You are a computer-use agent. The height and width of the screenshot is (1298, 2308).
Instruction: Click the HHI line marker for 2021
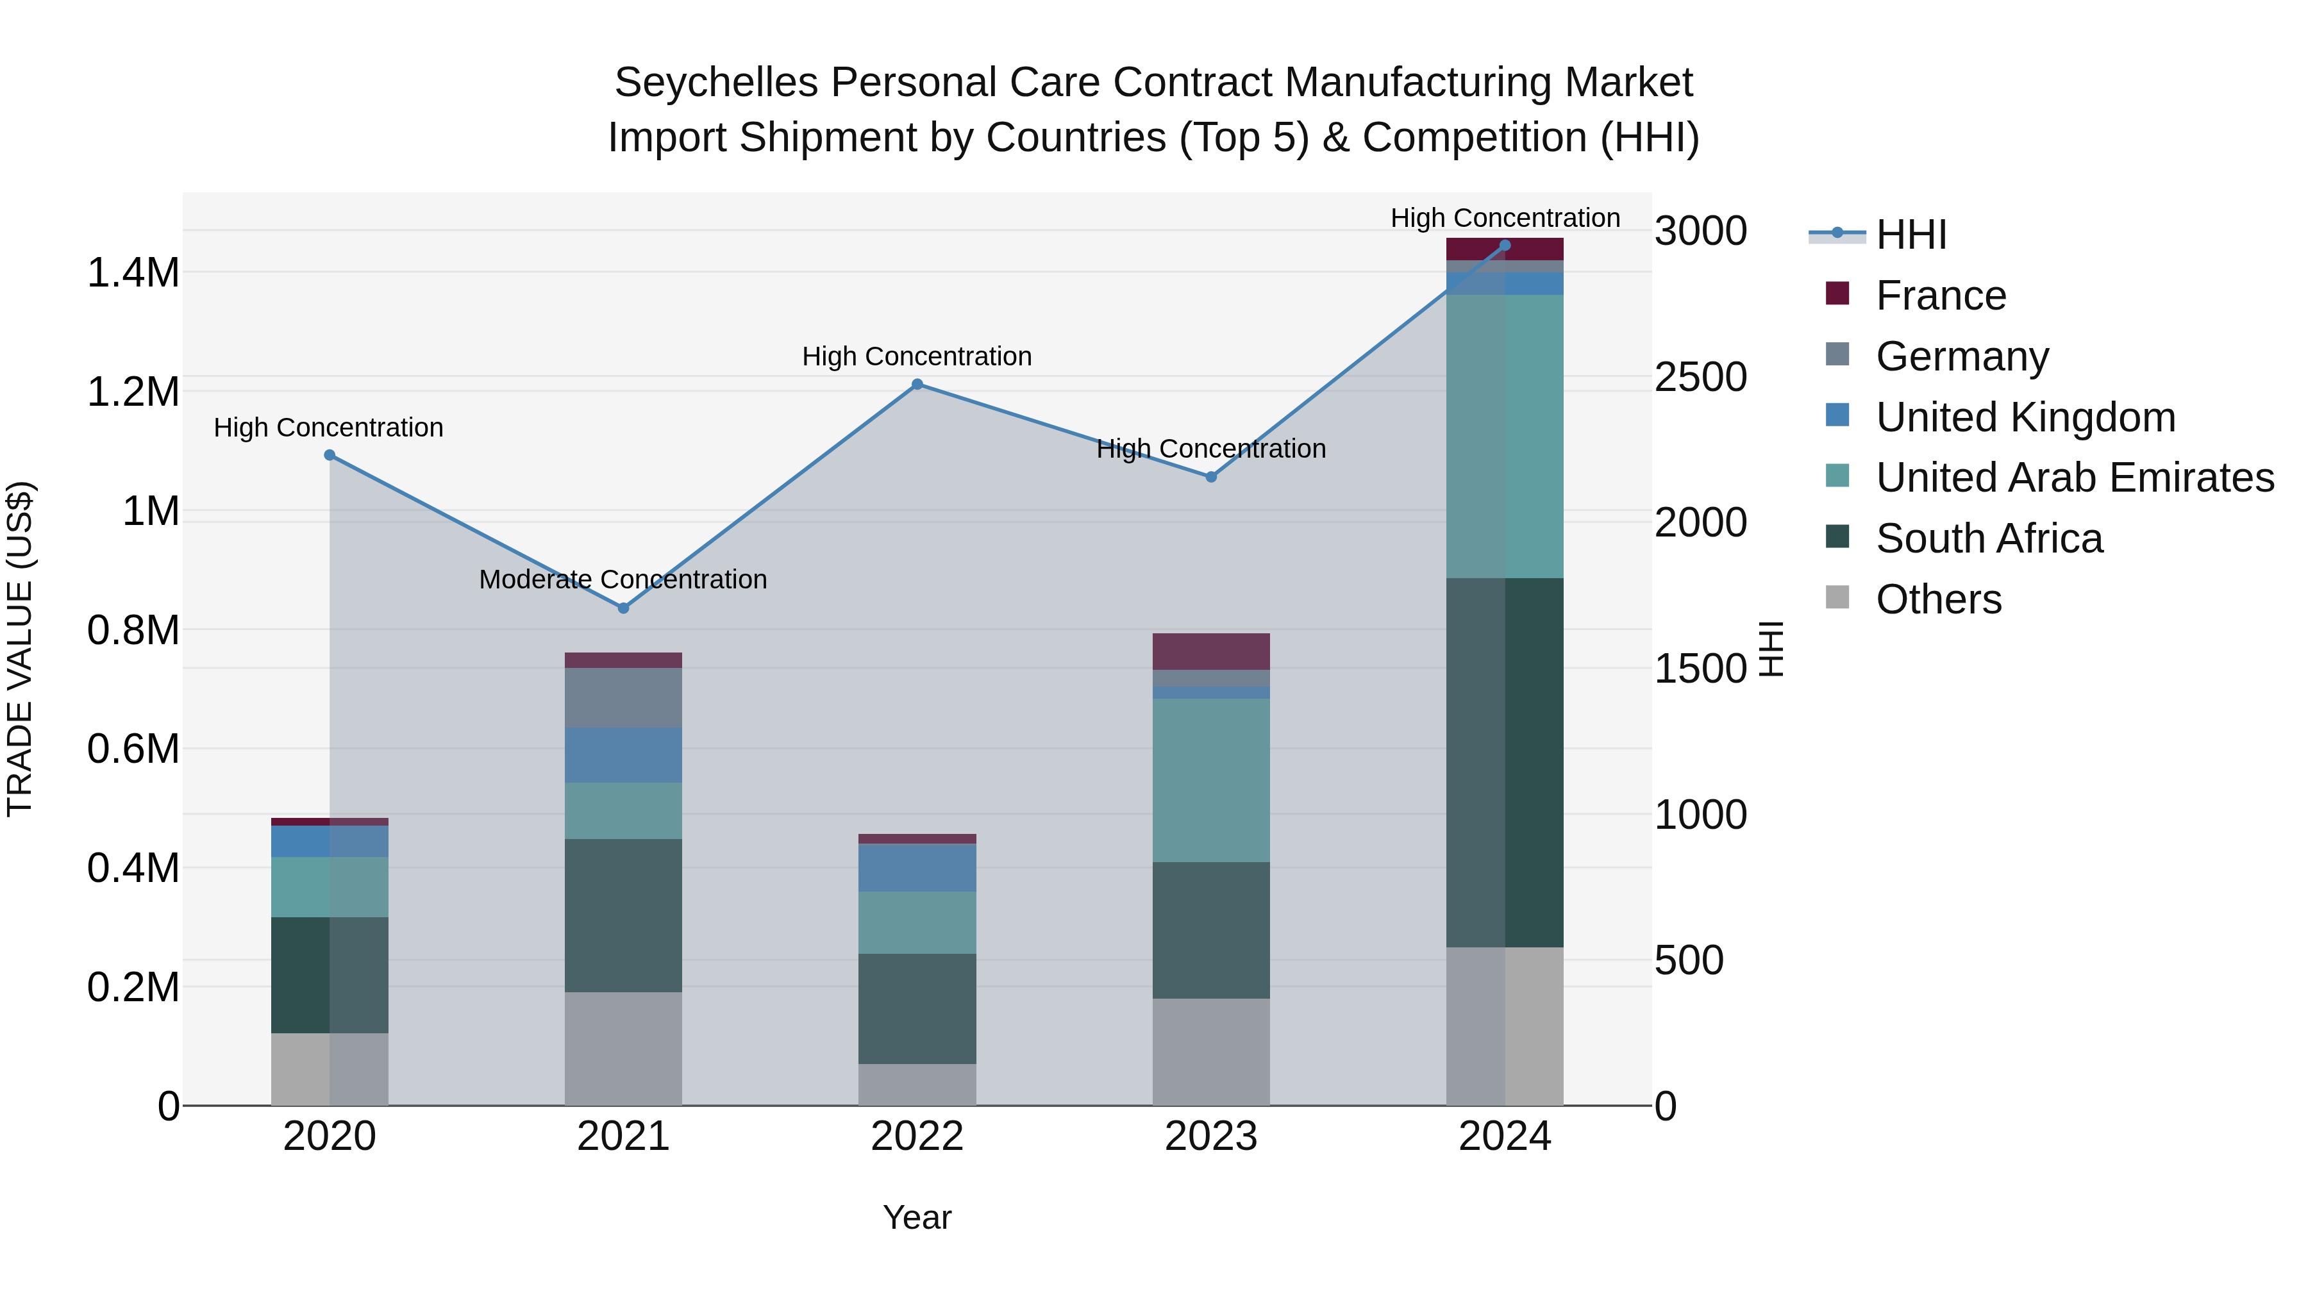click(624, 608)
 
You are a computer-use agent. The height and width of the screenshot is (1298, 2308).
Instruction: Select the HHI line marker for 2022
click(917, 385)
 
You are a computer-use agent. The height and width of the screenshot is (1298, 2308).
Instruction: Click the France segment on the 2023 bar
click(1210, 651)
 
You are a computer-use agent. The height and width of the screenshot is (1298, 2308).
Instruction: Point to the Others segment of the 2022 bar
click(917, 1084)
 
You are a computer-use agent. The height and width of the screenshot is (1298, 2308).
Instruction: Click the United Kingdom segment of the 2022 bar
click(917, 867)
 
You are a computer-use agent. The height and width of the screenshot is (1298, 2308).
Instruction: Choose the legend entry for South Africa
click(1988, 538)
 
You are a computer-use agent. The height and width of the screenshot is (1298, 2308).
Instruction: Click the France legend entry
click(1940, 295)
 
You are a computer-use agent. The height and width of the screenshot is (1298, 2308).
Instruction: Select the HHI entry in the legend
click(1911, 235)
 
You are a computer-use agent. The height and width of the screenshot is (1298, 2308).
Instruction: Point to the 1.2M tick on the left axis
click(133, 392)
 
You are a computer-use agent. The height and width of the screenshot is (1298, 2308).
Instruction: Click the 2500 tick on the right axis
click(1700, 376)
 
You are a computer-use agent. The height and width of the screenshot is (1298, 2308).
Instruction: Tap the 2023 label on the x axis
click(1210, 1136)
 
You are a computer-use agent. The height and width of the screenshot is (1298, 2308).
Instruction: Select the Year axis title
click(917, 1217)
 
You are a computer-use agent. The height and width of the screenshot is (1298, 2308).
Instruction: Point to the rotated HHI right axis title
click(1771, 649)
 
